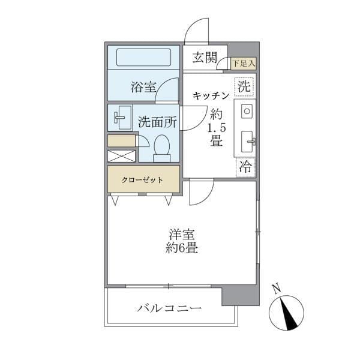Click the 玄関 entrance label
coord(205,58)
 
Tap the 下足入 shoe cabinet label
coord(244,62)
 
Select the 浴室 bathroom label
coord(143,88)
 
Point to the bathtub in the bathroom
coord(144,58)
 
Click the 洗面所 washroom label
coord(157,121)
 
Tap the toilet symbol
coord(162,148)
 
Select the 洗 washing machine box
coord(244,86)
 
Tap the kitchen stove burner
coord(247,111)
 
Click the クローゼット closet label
coord(143,179)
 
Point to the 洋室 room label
coord(182,235)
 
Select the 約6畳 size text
coord(182,248)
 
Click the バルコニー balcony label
coord(169,309)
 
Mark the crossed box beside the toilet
coord(121,156)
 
